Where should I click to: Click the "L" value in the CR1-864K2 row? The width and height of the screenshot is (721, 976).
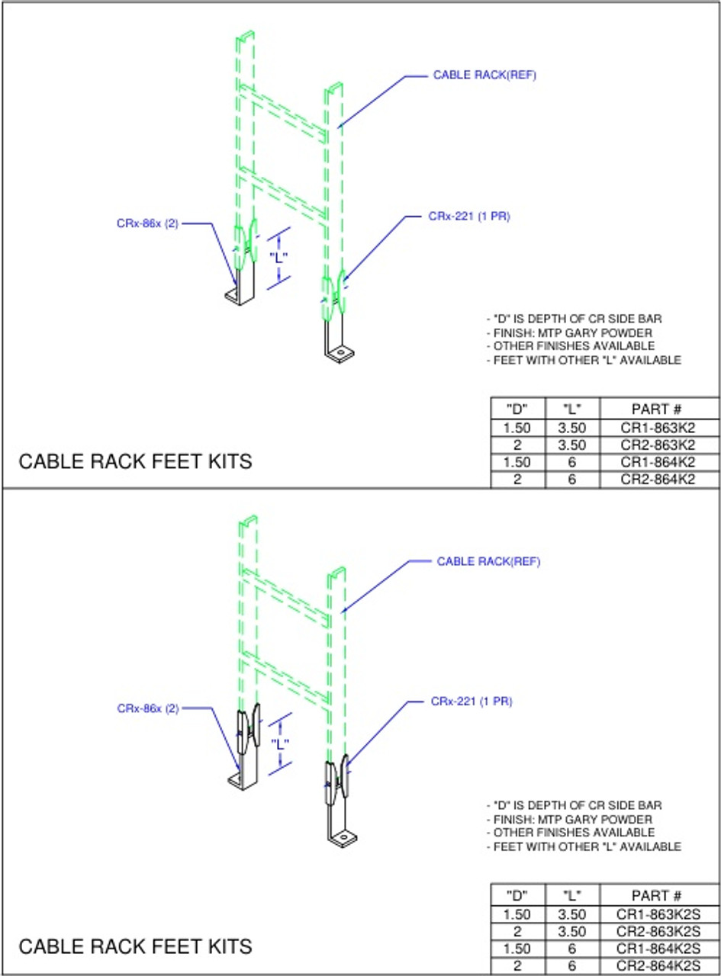click(573, 463)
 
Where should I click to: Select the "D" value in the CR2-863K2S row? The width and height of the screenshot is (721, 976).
click(518, 931)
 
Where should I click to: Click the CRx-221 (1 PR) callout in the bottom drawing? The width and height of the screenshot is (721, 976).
click(471, 701)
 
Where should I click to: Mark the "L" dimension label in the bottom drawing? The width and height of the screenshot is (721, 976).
click(282, 743)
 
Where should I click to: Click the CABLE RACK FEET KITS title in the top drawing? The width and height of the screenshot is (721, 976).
click(135, 461)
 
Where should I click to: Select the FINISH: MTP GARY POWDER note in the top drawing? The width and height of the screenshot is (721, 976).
click(570, 332)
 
